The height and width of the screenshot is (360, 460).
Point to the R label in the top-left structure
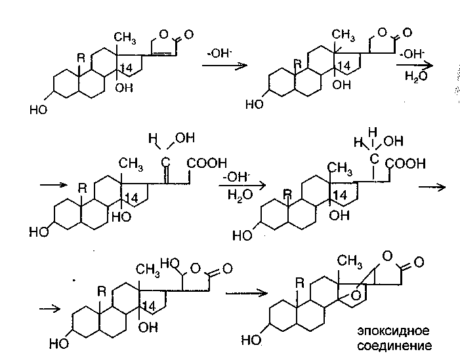(81, 58)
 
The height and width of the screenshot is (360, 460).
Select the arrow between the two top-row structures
(233, 66)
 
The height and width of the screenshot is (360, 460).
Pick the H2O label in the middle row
(236, 194)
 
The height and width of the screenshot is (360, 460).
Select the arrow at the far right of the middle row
(432, 187)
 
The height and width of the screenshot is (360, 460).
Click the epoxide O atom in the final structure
(354, 295)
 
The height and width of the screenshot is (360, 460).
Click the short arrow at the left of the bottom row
(50, 307)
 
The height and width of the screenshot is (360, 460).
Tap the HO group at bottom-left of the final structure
(251, 340)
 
